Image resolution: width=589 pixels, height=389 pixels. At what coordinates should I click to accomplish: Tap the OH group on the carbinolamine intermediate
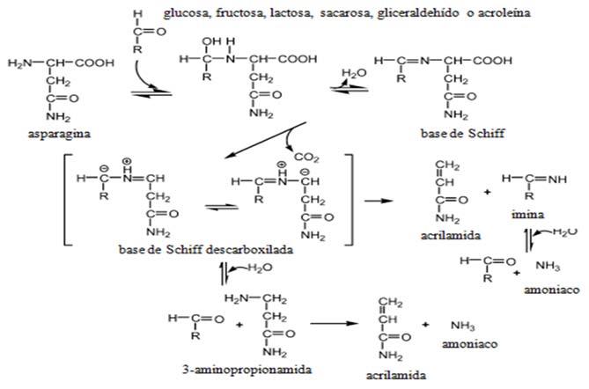[x=210, y=40]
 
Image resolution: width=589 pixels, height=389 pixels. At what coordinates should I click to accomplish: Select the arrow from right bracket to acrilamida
[x=373, y=201]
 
